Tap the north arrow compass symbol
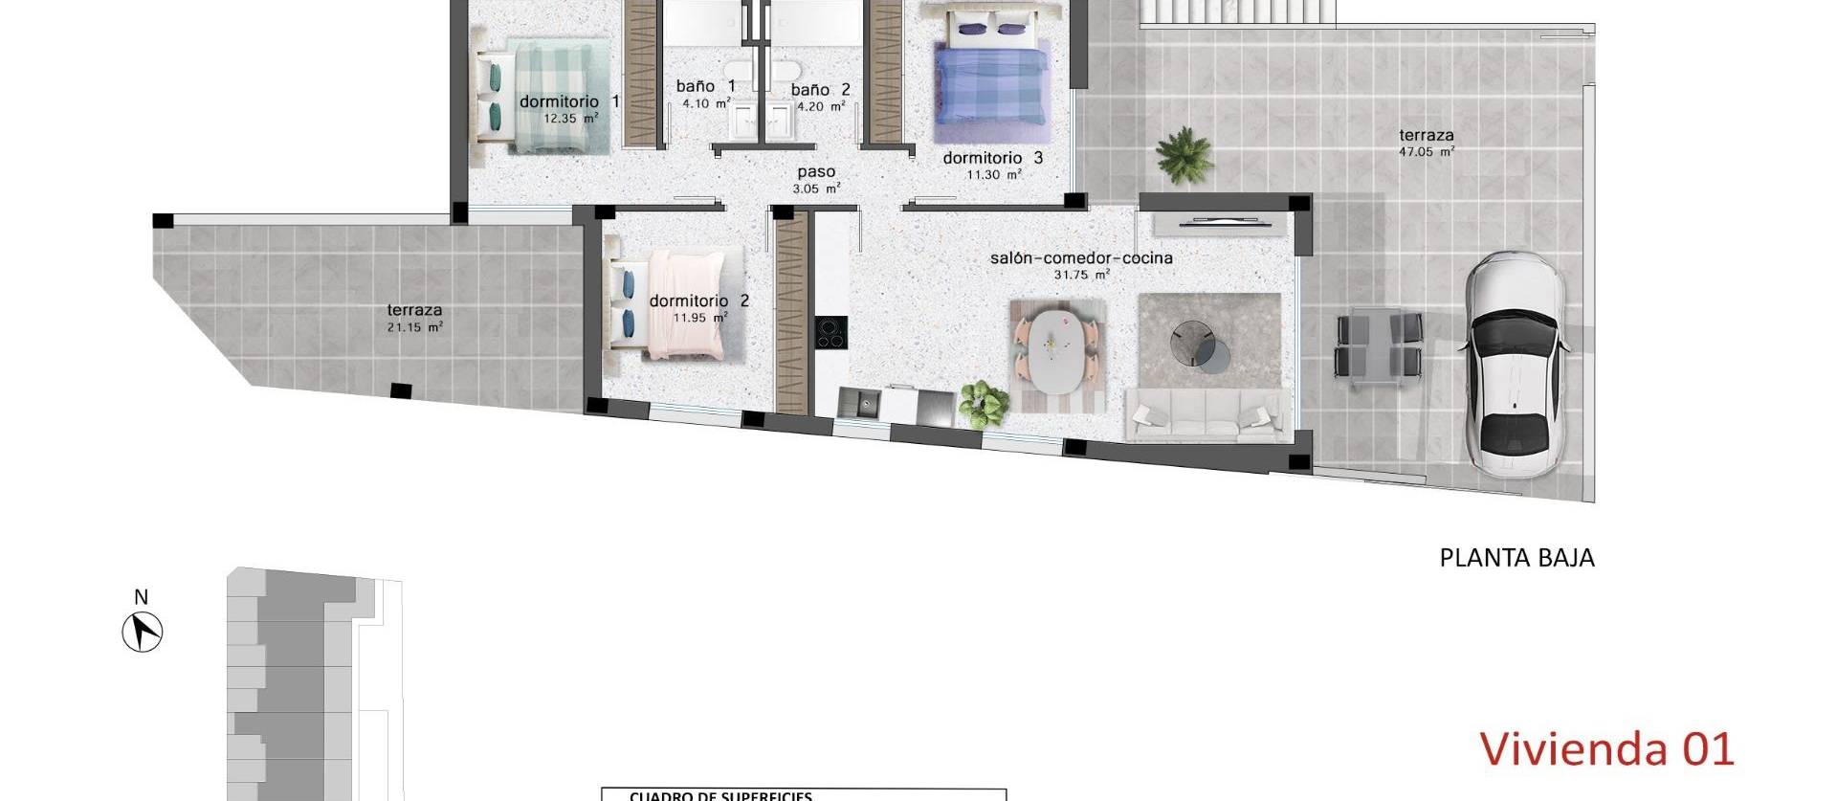(143, 632)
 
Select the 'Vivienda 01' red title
(1606, 749)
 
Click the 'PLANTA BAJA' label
(1516, 558)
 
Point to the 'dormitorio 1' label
(569, 101)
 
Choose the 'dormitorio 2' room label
(698, 300)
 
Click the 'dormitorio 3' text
(992, 158)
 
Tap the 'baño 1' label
(705, 86)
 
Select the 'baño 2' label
(820, 90)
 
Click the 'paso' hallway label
(816, 172)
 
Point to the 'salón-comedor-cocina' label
(1081, 257)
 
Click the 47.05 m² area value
(1428, 151)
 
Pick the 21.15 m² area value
(414, 327)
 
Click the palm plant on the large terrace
(1184, 154)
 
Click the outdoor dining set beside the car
(1378, 346)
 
